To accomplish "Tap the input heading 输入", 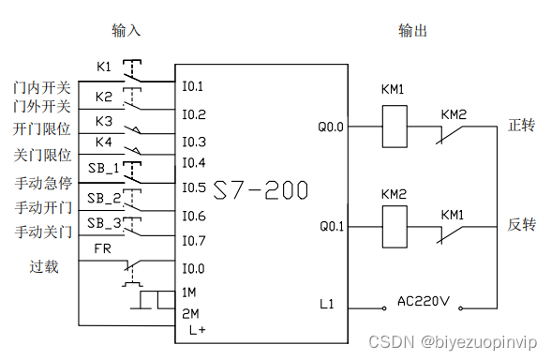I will (x=126, y=30).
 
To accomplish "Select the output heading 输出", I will (x=412, y=30).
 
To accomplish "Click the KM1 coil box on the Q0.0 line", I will (x=393, y=125).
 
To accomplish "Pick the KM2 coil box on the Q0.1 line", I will (x=393, y=226).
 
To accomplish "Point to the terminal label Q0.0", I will (x=332, y=126).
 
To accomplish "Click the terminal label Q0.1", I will (x=332, y=227).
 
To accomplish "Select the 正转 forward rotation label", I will (x=521, y=125).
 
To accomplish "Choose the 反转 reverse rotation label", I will (x=521, y=226).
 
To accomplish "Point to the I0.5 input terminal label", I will (x=193, y=187).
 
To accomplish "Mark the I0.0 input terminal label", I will (x=193, y=269).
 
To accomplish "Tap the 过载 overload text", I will (x=44, y=267).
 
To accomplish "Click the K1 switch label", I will (x=104, y=67).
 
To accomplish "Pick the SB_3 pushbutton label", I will (x=104, y=222).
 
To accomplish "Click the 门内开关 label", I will (x=42, y=87).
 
